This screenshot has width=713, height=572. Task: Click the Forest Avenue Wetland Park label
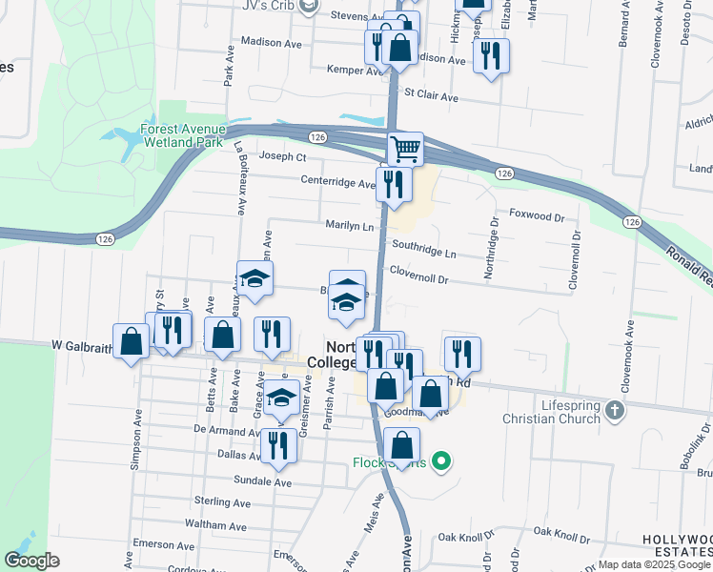pyautogui.click(x=183, y=136)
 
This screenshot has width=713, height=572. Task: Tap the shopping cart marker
pyautogui.click(x=405, y=150)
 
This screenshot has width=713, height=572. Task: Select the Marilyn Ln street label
pyautogui.click(x=349, y=227)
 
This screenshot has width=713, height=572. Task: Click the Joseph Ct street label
pyautogui.click(x=283, y=156)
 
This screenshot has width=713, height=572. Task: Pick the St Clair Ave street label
pyautogui.click(x=432, y=96)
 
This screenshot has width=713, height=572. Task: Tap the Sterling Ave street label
pyautogui.click(x=221, y=502)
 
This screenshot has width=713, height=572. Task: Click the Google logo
pyautogui.click(x=31, y=561)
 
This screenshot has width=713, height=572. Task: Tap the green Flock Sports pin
pyautogui.click(x=439, y=462)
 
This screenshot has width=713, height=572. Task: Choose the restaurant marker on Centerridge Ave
pyautogui.click(x=394, y=182)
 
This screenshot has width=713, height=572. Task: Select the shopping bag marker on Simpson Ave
pyautogui.click(x=131, y=341)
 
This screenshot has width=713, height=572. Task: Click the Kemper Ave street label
pyautogui.click(x=354, y=71)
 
